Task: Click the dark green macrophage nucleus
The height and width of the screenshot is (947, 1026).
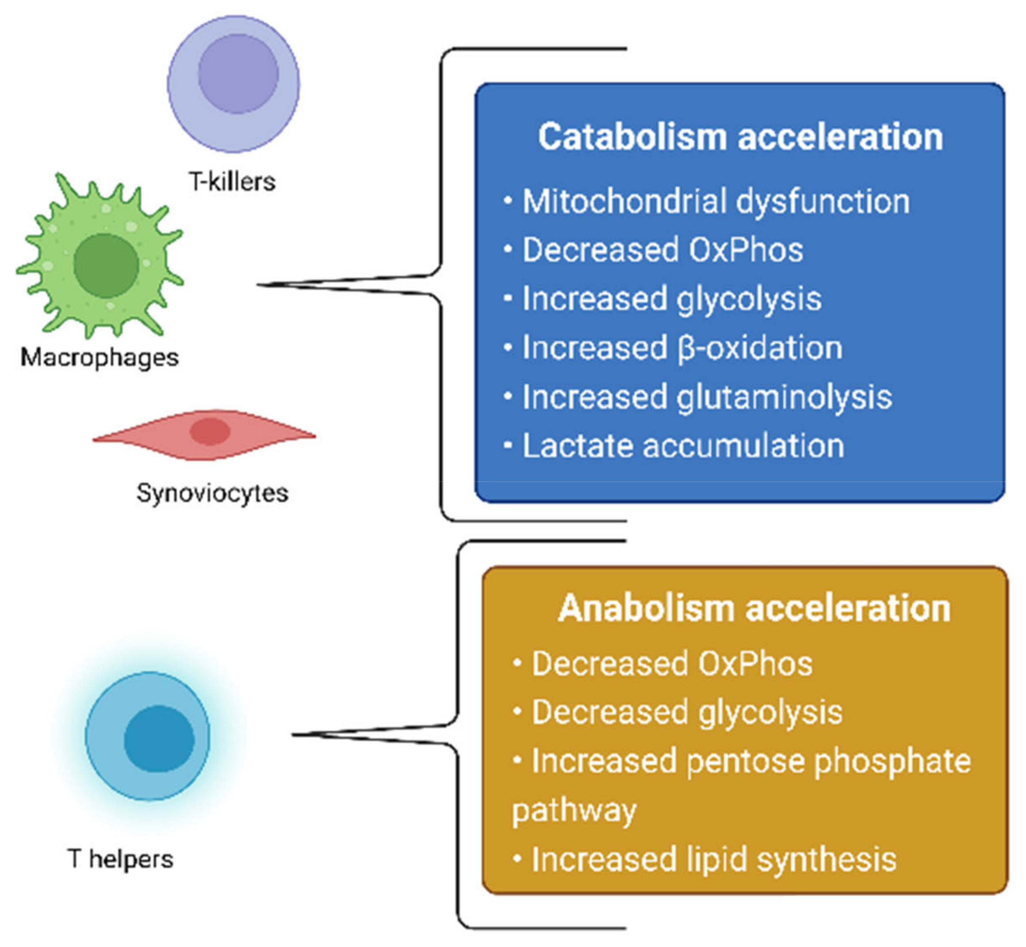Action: (x=106, y=266)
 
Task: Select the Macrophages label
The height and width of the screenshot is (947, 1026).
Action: (x=99, y=357)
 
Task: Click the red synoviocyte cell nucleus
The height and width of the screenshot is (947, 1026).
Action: (x=210, y=431)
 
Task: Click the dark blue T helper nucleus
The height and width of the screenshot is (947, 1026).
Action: (x=159, y=739)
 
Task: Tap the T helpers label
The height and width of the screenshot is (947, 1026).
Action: (x=120, y=859)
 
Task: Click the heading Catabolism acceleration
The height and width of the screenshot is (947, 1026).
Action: (x=740, y=137)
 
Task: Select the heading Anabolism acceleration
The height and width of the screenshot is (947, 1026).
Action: (x=754, y=608)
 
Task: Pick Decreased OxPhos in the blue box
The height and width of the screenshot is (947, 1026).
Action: (x=662, y=250)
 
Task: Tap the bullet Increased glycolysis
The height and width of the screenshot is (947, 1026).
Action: (x=671, y=299)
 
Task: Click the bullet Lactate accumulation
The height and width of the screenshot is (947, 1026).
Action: (x=683, y=446)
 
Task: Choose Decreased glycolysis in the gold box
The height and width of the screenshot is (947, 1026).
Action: (x=687, y=712)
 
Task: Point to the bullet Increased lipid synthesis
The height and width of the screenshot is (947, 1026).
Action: (x=714, y=859)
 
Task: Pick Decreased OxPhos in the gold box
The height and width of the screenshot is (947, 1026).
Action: (x=672, y=664)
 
